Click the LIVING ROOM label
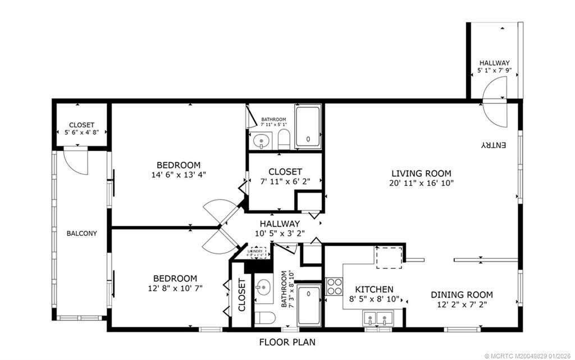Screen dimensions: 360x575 point(421,174)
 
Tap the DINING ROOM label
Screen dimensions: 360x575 point(462,295)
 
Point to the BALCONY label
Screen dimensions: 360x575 point(81,233)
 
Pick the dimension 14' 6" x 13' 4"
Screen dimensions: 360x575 point(178,175)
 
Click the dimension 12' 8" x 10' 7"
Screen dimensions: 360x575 point(176,288)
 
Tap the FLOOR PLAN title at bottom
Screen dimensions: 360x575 point(287,341)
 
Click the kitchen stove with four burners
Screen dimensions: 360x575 point(335,286)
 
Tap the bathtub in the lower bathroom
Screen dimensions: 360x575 point(309,304)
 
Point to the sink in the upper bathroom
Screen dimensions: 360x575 point(260,142)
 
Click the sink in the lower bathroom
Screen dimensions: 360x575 point(263,288)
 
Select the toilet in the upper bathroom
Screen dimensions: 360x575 point(284,140)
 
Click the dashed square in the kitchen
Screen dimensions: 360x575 point(388,259)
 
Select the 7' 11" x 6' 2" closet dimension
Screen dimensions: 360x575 point(285,181)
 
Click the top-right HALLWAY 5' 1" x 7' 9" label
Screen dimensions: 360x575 point(494,67)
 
